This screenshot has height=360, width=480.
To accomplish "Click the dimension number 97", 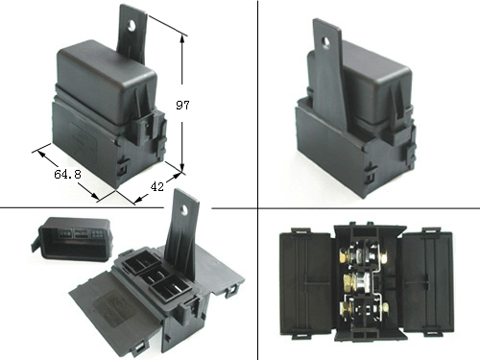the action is tap(182, 105).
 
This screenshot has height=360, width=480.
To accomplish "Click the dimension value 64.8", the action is tap(67, 174).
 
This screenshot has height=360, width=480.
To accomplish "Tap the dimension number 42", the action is tap(156, 186).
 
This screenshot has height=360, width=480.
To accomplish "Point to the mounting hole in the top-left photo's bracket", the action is tap(132, 26).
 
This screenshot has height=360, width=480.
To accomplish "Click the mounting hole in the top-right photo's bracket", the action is tap(325, 43).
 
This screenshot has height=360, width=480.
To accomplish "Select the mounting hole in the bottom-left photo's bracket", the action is tap(184, 209).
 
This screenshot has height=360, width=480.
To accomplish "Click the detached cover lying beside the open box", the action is tap(71, 238).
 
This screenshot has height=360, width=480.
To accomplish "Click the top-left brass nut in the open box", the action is tap(345, 256).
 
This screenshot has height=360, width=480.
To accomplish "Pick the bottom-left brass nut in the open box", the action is tap(346, 310).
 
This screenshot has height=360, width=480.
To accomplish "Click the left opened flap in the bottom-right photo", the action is tap(305, 283).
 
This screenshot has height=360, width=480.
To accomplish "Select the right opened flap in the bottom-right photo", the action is tap(428, 282).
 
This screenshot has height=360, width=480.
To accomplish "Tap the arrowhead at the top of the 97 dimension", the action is tap(182, 39).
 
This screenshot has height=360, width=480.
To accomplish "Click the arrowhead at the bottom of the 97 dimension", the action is tap(182, 169).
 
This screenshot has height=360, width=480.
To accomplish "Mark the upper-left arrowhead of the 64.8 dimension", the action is tap(41, 154).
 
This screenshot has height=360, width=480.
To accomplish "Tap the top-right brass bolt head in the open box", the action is tap(384, 256).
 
